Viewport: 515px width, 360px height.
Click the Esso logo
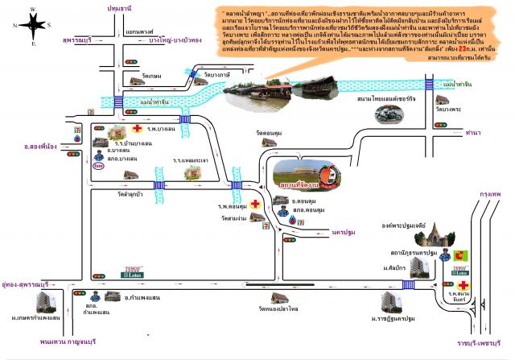(x=98, y=167)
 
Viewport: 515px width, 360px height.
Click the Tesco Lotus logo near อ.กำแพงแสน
(x=130, y=271)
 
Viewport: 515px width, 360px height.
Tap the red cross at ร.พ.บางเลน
(x=138, y=128)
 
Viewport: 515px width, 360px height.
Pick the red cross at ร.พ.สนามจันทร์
(x=465, y=285)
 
